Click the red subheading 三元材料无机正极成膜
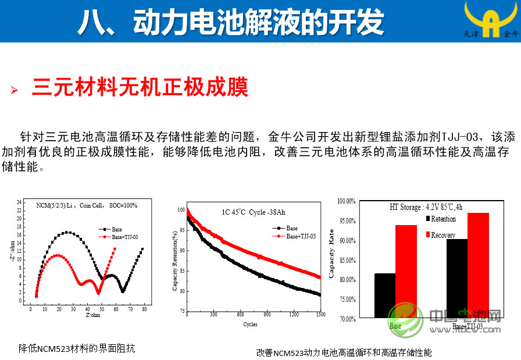click(x=140, y=88)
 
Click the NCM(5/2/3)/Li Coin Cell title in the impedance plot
click(x=87, y=205)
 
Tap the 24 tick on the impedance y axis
click(x=19, y=202)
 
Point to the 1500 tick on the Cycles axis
click(x=319, y=315)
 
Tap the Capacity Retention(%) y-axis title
click(x=175, y=261)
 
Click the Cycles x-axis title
click(x=251, y=324)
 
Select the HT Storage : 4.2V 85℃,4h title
click(x=426, y=207)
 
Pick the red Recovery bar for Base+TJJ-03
click(x=478, y=265)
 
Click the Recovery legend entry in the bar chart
click(x=443, y=234)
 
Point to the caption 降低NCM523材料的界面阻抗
click(x=77, y=348)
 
